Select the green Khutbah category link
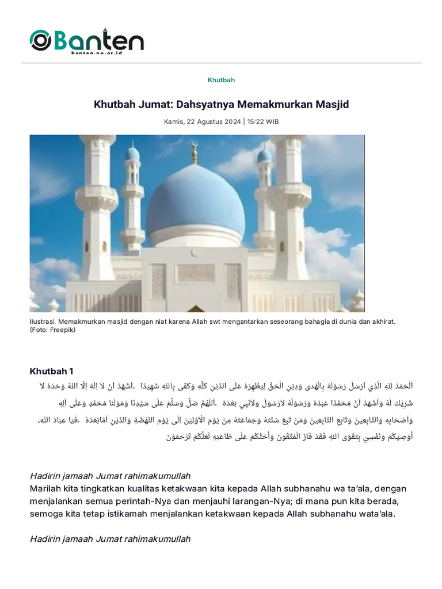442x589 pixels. pos(221,80)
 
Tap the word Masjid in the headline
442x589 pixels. pos(332,105)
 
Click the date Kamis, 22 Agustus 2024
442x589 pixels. pos(202,122)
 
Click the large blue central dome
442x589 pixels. pos(195,201)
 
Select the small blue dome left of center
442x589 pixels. pos(132,154)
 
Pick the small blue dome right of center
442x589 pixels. pos(265,155)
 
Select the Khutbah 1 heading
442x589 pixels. pos(51,371)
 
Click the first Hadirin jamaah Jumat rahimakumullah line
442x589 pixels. pos(110,476)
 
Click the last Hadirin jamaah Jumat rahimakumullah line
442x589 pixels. pos(110,539)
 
